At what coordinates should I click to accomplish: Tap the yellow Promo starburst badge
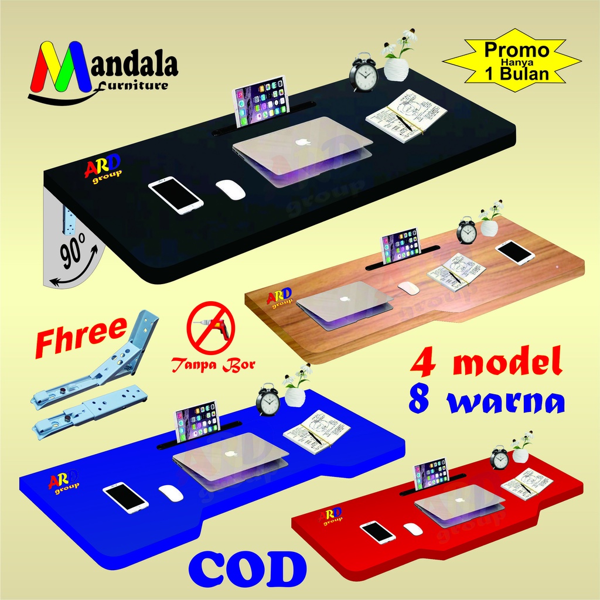511,62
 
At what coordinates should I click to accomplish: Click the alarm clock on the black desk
364,74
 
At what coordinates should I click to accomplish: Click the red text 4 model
486,362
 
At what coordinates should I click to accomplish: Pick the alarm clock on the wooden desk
466,231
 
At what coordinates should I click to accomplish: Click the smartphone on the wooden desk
514,252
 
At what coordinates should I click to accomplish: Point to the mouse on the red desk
413,529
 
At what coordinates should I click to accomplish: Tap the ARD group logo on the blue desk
60,482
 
